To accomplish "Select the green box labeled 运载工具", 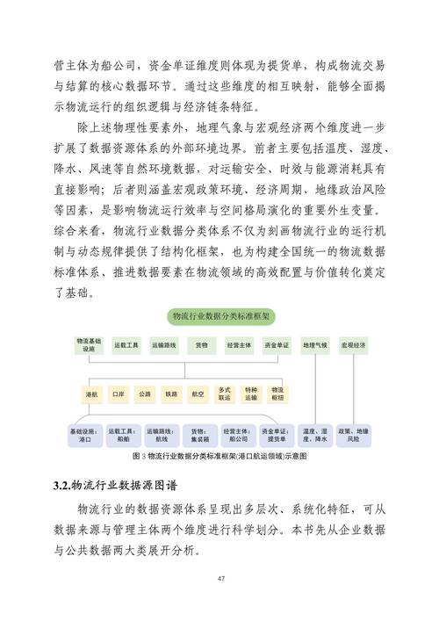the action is pyautogui.click(x=126, y=345).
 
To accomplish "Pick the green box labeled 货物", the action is pyautogui.click(x=201, y=345).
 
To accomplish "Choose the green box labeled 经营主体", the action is pyautogui.click(x=238, y=345).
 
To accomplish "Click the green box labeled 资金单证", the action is pyautogui.click(x=276, y=345).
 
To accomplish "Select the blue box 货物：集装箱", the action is pyautogui.click(x=201, y=436).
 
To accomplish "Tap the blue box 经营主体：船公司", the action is pyautogui.click(x=238, y=436).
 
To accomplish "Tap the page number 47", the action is pyautogui.click(x=219, y=577).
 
